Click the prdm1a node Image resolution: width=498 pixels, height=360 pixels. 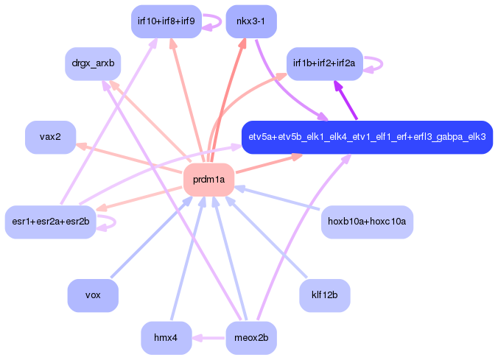click(208, 180)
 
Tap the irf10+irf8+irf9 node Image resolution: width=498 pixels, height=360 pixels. click(166, 21)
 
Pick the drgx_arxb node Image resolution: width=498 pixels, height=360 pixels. click(93, 64)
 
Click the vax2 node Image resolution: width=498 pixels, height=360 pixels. click(51, 137)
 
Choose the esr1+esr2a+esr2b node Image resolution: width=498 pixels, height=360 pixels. click(50, 222)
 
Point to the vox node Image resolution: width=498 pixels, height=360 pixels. click(93, 295)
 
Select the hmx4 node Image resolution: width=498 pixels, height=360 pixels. click(166, 338)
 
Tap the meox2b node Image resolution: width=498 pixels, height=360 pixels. click(251, 338)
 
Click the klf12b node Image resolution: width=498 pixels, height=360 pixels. click(324, 295)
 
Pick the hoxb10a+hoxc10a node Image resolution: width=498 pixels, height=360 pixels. click(367, 222)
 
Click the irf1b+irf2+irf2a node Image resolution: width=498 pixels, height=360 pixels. click(323, 64)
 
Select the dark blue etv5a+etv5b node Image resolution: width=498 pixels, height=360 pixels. click(367, 137)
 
